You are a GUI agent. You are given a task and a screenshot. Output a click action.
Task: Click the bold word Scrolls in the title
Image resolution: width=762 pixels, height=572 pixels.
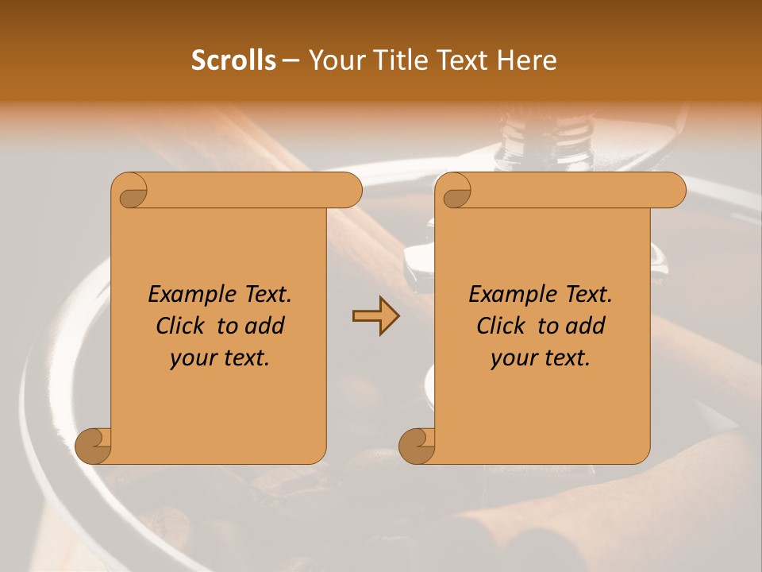(234, 60)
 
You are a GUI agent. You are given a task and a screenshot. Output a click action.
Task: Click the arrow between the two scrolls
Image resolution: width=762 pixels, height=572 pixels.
(375, 316)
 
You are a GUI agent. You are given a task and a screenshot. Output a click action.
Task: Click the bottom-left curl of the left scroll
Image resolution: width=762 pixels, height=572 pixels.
(94, 445)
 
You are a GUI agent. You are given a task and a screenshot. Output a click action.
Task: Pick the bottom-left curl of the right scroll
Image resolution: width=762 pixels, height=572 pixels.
(418, 445)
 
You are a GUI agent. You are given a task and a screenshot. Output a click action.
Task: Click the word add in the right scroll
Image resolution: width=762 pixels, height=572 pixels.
(583, 326)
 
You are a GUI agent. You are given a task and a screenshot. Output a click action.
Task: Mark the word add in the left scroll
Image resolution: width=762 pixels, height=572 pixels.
(263, 326)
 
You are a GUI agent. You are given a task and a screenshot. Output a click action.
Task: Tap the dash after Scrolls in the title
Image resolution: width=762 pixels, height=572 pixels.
(291, 60)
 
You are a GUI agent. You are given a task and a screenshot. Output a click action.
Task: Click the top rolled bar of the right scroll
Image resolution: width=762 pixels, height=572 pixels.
(571, 190)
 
